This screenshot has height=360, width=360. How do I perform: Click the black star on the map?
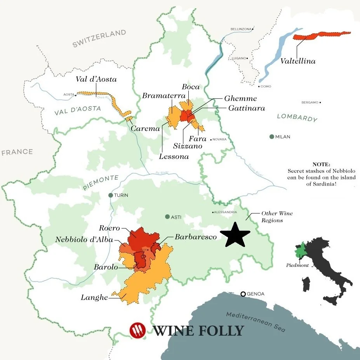click(x=235, y=234)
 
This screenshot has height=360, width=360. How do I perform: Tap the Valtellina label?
click(x=297, y=61)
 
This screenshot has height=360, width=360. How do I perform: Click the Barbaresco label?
click(x=195, y=237)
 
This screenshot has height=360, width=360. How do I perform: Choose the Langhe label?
click(x=94, y=297)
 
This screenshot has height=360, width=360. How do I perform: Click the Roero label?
click(x=109, y=228)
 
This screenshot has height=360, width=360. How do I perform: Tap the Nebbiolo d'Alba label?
click(x=84, y=240)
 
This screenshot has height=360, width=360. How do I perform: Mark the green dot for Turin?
click(x=111, y=195)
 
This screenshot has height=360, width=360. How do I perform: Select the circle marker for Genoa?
click(x=243, y=294)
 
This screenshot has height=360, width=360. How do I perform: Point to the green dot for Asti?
click(x=167, y=216)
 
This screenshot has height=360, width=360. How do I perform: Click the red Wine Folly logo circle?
click(x=137, y=330)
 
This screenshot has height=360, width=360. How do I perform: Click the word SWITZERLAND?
click(x=99, y=38)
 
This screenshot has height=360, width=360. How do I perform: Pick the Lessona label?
click(x=174, y=157)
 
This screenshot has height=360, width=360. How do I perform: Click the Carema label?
click(x=145, y=128)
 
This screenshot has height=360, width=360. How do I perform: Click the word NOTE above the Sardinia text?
click(x=321, y=165)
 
